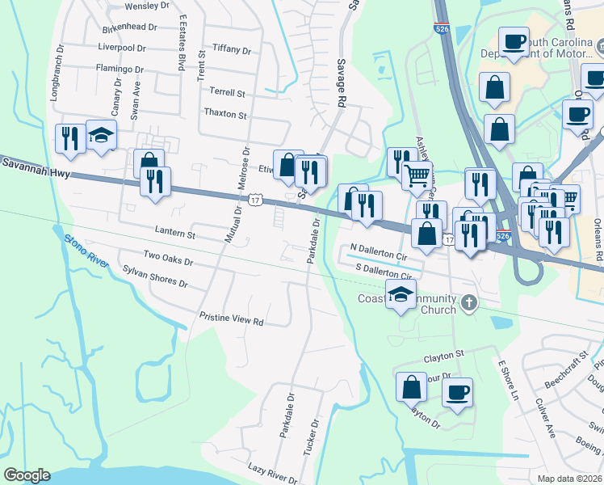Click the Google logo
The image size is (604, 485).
[27, 475]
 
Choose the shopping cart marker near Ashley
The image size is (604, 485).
[417, 174]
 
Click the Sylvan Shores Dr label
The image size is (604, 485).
[154, 276]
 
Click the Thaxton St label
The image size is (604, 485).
[225, 114]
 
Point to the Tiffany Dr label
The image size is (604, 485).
[231, 49]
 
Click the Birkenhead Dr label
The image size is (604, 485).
[129, 27]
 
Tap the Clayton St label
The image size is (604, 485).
[444, 355]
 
